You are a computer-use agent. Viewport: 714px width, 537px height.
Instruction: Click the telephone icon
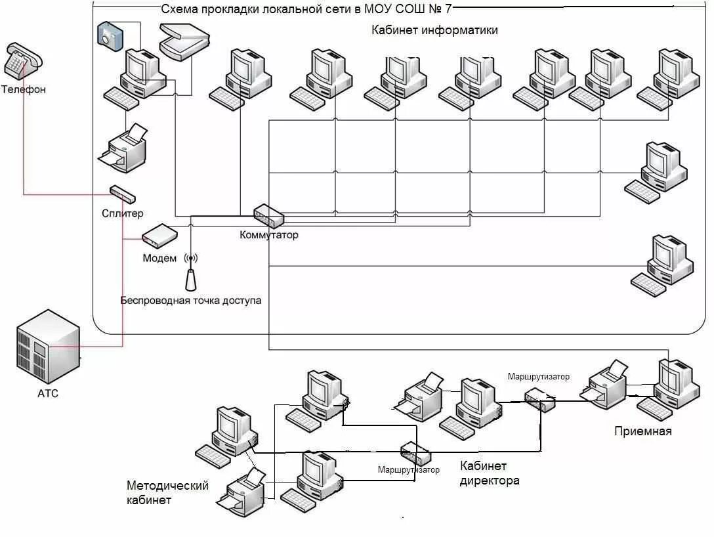(x=23, y=62)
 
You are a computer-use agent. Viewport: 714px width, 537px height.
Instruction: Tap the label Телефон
(x=23, y=89)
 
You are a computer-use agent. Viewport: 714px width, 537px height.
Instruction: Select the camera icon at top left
(x=110, y=36)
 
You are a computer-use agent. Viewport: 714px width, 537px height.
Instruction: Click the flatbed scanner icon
(x=184, y=41)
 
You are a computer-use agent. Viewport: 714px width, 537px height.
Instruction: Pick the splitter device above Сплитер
(x=123, y=194)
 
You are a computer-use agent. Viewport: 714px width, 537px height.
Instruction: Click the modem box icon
(x=159, y=236)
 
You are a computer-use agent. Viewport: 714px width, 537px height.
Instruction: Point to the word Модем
(x=159, y=258)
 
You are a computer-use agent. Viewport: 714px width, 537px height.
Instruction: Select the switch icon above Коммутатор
(x=268, y=216)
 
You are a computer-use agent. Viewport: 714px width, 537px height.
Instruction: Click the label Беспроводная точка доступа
(x=191, y=300)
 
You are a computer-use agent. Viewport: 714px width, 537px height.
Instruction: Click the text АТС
(x=48, y=393)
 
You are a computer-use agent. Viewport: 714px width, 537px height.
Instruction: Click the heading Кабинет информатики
(x=434, y=30)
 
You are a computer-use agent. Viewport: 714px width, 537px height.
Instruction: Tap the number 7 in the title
(x=448, y=9)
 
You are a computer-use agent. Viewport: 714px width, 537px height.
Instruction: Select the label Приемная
(x=643, y=431)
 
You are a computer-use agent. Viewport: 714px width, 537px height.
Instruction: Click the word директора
(x=490, y=481)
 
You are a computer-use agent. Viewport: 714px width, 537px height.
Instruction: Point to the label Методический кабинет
(x=167, y=493)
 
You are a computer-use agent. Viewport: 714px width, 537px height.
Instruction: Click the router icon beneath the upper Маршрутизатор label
(x=540, y=400)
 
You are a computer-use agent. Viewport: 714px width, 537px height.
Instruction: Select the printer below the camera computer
(x=123, y=148)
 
